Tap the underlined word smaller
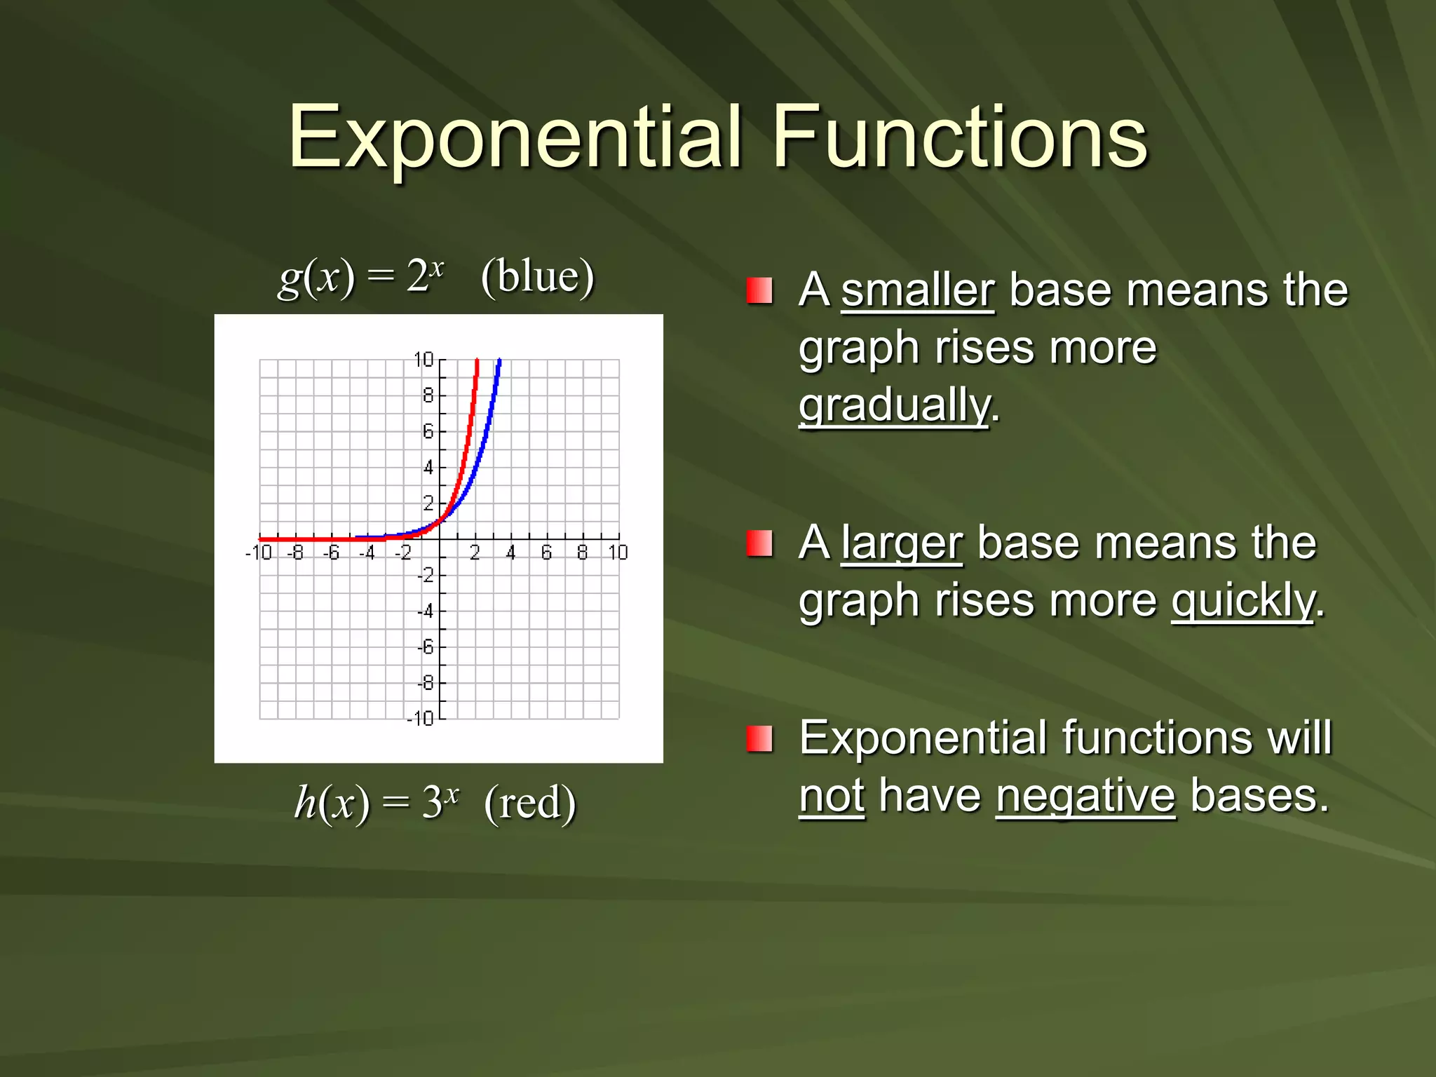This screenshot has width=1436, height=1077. click(917, 290)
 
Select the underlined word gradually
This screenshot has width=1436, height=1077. click(895, 405)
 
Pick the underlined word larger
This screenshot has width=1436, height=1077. click(902, 543)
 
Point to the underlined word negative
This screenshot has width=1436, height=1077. click(1085, 797)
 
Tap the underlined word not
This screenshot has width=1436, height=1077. click(832, 797)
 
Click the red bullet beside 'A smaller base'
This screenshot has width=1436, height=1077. click(759, 290)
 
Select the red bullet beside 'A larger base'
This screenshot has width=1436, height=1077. click(759, 543)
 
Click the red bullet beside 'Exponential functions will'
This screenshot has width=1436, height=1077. click(759, 738)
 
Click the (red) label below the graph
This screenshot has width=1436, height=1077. click(530, 803)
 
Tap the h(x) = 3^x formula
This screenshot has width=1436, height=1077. click(377, 803)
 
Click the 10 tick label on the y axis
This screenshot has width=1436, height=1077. click(424, 360)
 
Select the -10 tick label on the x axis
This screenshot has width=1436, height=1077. click(258, 553)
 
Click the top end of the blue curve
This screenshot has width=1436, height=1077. click(499, 361)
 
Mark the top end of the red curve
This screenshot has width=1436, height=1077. click(477, 361)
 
